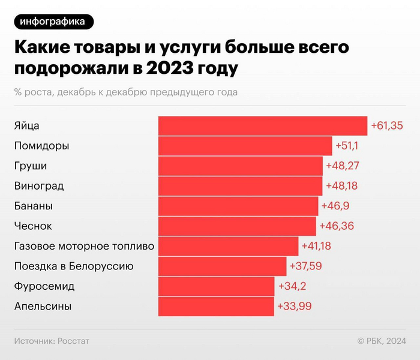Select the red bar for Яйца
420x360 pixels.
(263, 126)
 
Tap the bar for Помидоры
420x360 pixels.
(245, 146)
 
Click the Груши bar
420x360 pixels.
(241, 166)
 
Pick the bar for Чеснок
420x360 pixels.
(237, 226)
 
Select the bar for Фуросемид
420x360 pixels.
(216, 286)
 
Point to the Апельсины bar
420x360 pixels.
(216, 306)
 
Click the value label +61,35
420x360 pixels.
(387, 126)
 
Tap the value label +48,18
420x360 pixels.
(341, 186)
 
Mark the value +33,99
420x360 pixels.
(294, 306)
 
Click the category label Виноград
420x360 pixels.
(38, 186)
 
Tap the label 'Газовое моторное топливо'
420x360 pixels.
(84, 246)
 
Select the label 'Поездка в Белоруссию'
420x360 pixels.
(74, 266)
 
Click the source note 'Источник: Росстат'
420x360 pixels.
(51, 341)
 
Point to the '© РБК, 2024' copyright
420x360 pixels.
(381, 341)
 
